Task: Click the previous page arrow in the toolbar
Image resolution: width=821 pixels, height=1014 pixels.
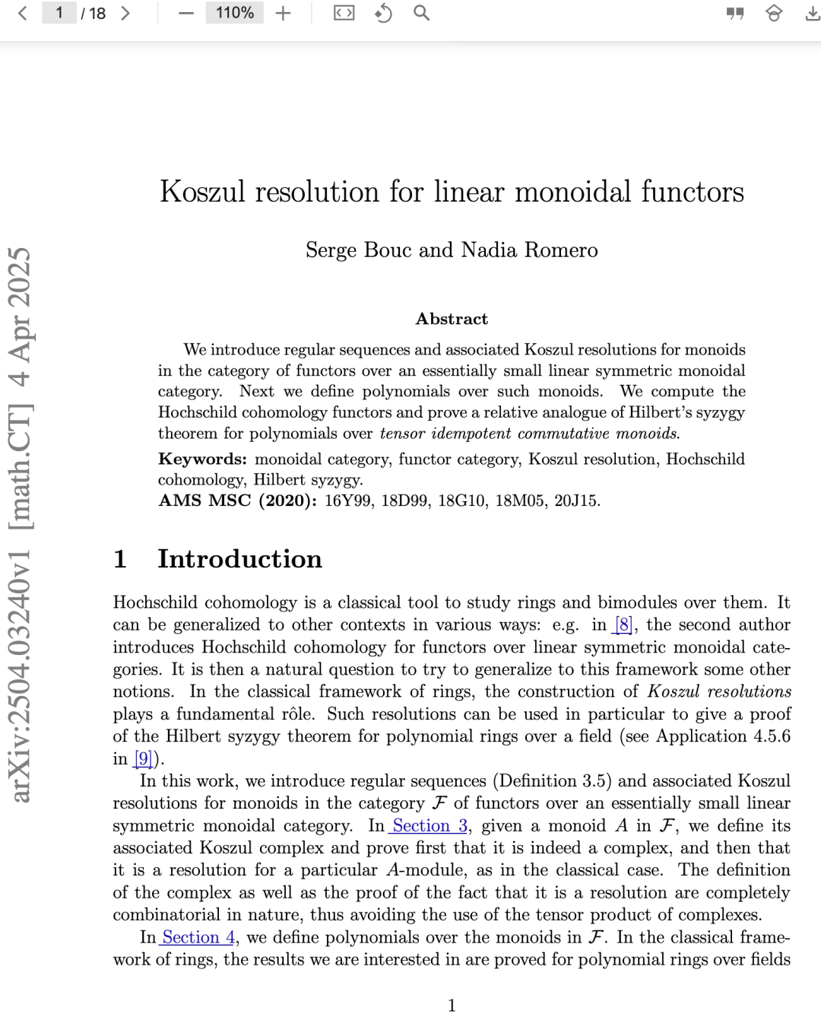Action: [x=23, y=13]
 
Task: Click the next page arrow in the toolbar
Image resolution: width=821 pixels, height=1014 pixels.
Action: [x=125, y=13]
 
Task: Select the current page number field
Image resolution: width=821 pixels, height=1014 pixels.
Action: [x=59, y=13]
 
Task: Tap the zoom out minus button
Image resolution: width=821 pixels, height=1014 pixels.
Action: [x=185, y=13]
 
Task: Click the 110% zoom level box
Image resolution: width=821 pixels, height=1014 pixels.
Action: [x=234, y=13]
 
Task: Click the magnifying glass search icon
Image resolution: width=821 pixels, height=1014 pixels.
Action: [x=421, y=13]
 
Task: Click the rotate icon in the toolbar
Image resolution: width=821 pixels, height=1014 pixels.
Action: [x=383, y=13]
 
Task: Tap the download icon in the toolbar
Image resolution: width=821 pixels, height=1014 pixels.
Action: [x=812, y=13]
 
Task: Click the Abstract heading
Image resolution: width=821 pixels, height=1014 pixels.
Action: [x=452, y=319]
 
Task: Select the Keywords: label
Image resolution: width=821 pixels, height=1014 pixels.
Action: [x=202, y=459]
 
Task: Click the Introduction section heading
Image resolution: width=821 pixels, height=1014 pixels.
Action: [x=239, y=559]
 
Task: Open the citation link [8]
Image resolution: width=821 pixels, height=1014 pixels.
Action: [x=623, y=625]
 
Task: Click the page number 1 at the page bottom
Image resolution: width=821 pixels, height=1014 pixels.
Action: [x=452, y=1006]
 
